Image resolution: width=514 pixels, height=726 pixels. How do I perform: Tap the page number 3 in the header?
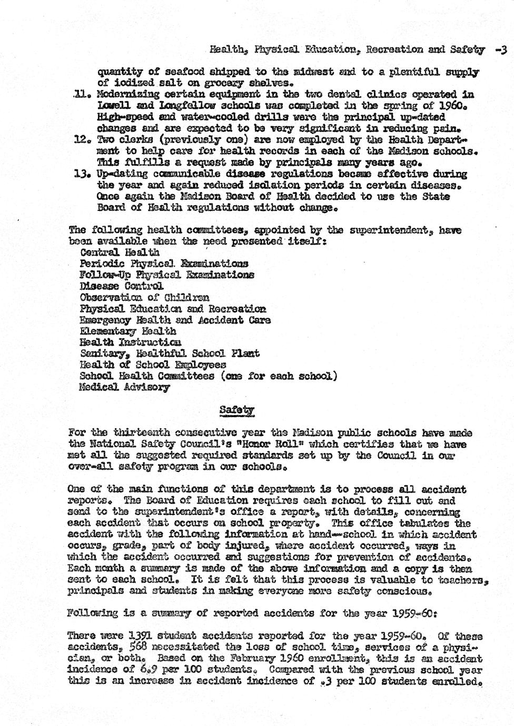[503, 50]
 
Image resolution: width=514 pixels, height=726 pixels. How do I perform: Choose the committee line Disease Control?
[121, 286]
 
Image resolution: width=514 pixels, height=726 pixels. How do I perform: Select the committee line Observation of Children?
[144, 298]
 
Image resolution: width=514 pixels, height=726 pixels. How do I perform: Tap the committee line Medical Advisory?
[124, 388]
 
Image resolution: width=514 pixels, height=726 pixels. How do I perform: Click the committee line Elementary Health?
[127, 331]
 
